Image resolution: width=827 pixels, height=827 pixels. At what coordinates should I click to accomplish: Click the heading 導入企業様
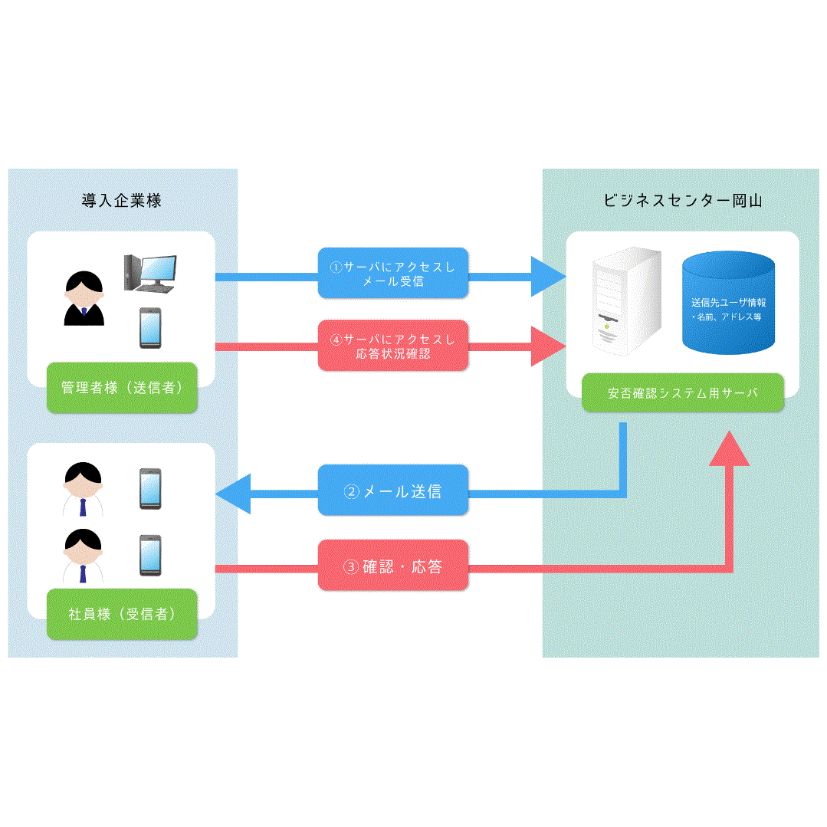coord(122,201)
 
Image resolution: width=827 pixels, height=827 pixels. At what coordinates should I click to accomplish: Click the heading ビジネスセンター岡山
coord(682,201)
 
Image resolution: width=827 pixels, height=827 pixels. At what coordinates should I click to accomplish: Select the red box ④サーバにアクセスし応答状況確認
coord(392,346)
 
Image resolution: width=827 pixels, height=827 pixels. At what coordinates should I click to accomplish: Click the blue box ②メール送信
coord(392,491)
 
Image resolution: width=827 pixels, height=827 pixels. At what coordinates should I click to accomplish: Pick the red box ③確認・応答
coord(392,567)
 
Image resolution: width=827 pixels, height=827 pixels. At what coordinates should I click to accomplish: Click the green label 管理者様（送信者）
coord(122,388)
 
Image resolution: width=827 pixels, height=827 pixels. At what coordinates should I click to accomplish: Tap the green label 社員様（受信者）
coord(122,614)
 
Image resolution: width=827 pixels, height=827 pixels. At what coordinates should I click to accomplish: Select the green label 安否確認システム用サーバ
coord(682,393)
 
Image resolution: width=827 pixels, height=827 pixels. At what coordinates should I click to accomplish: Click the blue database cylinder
coord(728,303)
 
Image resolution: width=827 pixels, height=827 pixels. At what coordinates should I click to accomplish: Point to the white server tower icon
coord(625,303)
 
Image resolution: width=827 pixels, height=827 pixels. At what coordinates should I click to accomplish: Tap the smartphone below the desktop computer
coord(149,328)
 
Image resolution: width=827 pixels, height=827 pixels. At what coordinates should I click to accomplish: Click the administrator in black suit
coord(83,299)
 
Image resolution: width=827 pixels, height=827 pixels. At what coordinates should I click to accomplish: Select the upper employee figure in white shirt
coord(82,489)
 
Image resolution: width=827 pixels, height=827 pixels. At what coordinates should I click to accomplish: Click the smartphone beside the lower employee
coord(149,556)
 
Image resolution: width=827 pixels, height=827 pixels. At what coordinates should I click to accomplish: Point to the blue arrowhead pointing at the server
coord(549,276)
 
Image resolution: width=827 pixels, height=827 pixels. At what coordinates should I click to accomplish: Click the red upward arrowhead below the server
coord(728,448)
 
